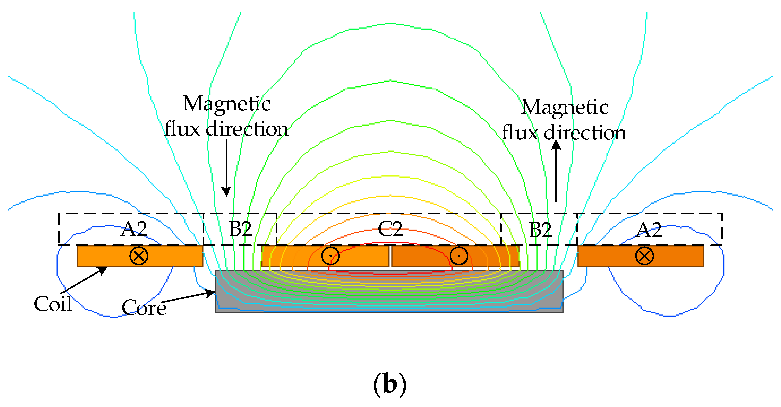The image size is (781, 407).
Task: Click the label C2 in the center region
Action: [x=390, y=229]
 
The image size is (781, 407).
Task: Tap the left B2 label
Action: [x=240, y=229]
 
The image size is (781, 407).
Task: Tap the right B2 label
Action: [x=540, y=230]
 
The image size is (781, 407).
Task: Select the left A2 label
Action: [x=134, y=229]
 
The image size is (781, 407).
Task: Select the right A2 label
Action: [x=649, y=230]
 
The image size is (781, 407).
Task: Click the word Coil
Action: [x=53, y=304]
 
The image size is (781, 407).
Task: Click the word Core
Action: [x=144, y=308]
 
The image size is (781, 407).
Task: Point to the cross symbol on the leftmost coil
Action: [x=139, y=256]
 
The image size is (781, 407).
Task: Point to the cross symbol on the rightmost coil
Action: [x=644, y=256]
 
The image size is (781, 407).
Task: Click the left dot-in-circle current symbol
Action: [x=330, y=256]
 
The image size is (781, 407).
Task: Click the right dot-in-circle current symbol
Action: [x=459, y=256]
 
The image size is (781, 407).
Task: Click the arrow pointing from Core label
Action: [x=188, y=297]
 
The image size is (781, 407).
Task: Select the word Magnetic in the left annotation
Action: [x=227, y=104]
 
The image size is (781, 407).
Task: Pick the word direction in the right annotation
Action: [x=585, y=133]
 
